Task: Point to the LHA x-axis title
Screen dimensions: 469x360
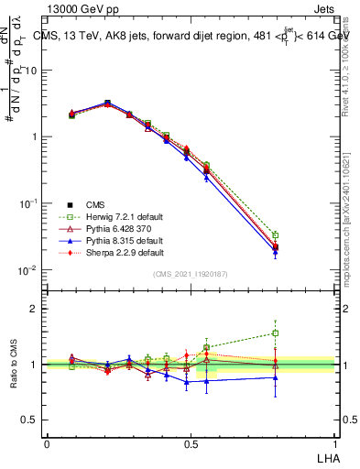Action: coord(327,457)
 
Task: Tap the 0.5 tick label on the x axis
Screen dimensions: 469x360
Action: coord(191,442)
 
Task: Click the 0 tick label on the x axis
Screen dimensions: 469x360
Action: coord(48,442)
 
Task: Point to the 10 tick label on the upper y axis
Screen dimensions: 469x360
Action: coord(32,71)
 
